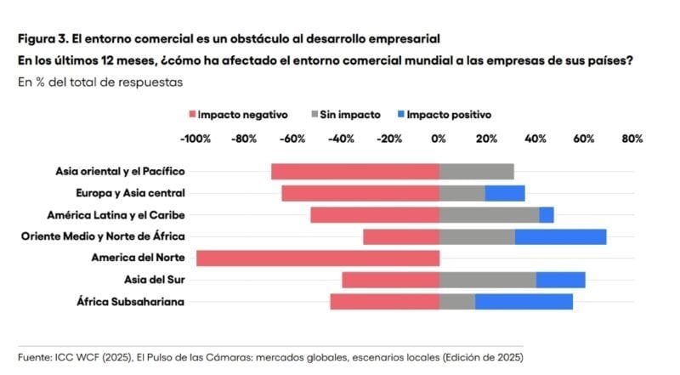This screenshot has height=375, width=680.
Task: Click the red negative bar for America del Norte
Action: [x=318, y=259]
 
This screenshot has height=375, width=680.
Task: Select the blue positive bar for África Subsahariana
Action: [x=524, y=301]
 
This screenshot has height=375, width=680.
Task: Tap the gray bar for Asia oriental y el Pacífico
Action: [x=477, y=172]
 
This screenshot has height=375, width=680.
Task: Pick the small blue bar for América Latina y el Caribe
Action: [x=547, y=215]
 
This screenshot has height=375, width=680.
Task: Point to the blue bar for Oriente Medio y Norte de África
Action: [x=561, y=236]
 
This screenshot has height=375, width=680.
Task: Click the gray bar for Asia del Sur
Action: [x=488, y=280]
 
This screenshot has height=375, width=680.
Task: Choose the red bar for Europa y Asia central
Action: [x=360, y=193]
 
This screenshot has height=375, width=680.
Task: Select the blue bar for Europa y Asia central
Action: [x=505, y=193]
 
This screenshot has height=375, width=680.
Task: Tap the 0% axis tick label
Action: [x=439, y=138]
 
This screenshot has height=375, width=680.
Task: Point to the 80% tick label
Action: [x=632, y=138]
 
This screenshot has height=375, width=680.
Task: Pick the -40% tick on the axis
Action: [x=342, y=138]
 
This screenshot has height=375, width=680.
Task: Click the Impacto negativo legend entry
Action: [x=238, y=114]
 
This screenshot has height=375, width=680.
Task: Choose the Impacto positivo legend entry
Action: [x=444, y=114]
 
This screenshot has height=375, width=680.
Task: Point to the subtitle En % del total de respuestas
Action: [x=99, y=82]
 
